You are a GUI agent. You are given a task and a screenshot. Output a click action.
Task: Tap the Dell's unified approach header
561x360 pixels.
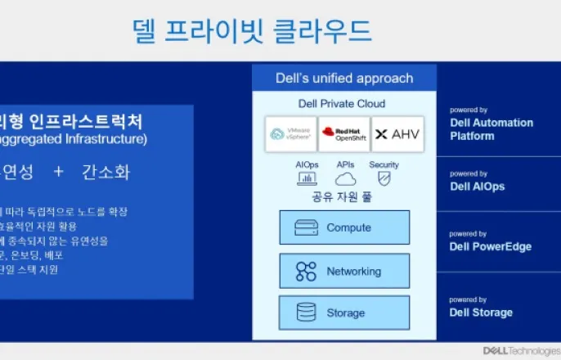coord(343,79)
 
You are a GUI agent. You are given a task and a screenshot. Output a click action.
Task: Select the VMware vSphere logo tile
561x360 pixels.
coord(290,133)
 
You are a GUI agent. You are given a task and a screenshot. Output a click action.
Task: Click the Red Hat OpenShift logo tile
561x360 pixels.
coord(343,133)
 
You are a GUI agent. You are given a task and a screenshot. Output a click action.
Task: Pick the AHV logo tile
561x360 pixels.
coord(397,133)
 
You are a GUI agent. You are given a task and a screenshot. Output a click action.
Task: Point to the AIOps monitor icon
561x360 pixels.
coord(307,178)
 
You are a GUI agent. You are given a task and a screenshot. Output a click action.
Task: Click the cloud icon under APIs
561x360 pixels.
coord(345,178)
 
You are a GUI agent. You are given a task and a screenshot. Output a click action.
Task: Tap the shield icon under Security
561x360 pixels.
coord(384,178)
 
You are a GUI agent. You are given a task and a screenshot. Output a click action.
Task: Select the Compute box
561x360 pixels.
coord(344,227)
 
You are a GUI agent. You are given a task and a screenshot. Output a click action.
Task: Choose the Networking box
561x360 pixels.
coord(344,271)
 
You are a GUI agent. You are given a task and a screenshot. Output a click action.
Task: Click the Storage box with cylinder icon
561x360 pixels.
coord(344,313)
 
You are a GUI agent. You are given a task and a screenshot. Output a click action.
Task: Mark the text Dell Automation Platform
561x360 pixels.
coord(491,129)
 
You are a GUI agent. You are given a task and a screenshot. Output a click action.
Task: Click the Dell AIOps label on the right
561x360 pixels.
coord(477,187)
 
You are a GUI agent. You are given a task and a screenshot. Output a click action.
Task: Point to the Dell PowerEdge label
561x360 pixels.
coord(490,247)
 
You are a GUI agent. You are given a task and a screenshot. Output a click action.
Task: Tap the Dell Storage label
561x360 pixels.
coord(481,313)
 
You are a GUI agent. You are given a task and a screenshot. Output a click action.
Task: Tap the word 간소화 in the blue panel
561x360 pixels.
coord(105,173)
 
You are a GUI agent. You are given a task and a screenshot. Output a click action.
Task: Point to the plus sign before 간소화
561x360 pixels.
coord(58,173)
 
